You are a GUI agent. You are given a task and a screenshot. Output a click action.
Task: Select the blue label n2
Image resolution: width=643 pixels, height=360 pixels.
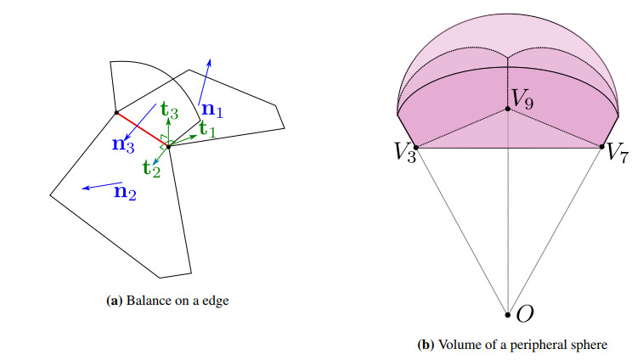click(x=124, y=194)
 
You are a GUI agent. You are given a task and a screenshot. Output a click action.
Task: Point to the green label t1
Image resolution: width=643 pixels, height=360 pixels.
click(x=207, y=129)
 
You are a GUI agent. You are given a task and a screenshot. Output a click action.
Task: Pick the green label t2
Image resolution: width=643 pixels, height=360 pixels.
click(x=152, y=169)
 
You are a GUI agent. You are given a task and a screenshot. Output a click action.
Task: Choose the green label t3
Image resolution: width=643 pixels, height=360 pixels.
click(x=169, y=110)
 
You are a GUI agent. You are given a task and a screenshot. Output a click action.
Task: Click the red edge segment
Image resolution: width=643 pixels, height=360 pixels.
click(x=142, y=129)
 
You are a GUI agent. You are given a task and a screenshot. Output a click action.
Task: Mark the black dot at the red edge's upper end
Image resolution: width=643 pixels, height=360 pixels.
click(x=116, y=112)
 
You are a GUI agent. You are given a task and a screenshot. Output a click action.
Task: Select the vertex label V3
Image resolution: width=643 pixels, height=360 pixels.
click(x=403, y=153)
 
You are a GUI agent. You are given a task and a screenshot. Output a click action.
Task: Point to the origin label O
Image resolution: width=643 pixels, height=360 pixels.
click(x=525, y=314)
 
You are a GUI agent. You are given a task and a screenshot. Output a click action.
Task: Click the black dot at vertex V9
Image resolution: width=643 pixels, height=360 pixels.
click(x=508, y=109)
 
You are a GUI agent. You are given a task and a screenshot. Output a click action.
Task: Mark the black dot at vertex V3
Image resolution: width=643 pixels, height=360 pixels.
click(x=415, y=147)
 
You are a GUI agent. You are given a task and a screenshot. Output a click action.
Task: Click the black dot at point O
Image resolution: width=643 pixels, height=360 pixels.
click(x=508, y=315)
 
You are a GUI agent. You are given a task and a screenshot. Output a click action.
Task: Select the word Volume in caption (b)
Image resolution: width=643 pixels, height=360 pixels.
click(x=460, y=346)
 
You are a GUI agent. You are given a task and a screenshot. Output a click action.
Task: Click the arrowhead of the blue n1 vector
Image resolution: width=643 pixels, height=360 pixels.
click(x=210, y=61)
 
